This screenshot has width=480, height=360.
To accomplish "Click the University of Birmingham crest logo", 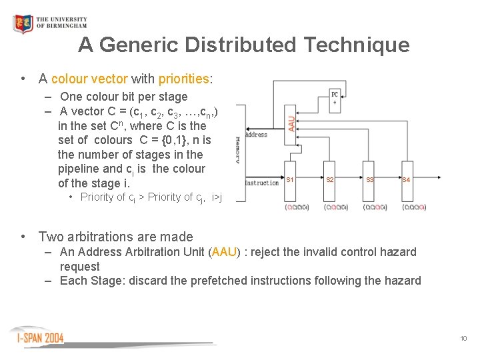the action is click(23, 23).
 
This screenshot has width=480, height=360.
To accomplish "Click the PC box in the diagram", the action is click(335, 97).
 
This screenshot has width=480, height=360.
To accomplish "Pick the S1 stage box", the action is click(290, 179).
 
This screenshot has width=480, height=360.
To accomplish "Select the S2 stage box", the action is click(330, 179).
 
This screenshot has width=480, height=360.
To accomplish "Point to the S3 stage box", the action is click(370, 179).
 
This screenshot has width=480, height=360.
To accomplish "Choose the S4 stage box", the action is click(407, 179).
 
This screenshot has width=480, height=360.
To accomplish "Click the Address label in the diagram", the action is click(256, 134).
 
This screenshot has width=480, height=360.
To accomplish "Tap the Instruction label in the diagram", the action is click(262, 183).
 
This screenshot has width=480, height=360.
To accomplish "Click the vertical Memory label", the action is click(238, 151).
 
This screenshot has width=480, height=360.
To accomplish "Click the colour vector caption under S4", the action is click(413, 207).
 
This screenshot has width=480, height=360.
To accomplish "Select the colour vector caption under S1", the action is click(297, 207).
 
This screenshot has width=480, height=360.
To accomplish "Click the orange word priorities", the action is click(184, 79).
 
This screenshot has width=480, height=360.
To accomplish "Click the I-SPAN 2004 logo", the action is click(40, 337).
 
